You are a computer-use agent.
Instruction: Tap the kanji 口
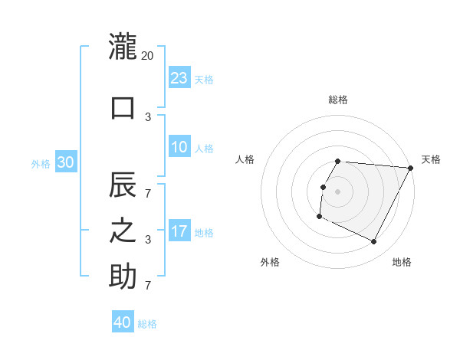123,107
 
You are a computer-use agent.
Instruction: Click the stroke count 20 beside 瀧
148,56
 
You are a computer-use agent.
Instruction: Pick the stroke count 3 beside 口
148,116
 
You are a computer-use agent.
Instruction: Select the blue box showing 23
179,78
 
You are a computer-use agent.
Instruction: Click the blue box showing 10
179,147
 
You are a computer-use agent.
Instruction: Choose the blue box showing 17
179,231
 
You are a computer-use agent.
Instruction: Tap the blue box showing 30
65,162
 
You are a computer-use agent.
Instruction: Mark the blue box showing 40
123,322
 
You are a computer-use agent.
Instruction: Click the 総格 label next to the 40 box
147,324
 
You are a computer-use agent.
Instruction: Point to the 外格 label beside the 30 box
41,163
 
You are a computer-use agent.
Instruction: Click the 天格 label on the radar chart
432,159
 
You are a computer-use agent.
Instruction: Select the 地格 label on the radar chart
402,262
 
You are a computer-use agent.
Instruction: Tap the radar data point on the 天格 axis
410,168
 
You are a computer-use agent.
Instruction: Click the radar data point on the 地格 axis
374,242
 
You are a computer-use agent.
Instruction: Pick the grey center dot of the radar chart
337,191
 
